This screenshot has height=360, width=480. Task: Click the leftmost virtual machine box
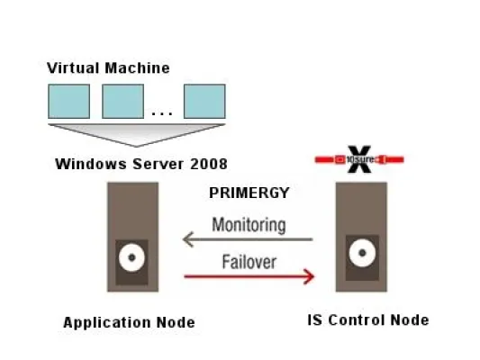68,101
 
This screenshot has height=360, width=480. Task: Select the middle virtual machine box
122,101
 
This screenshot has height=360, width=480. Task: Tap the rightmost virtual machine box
204,101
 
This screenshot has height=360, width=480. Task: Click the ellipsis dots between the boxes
163,113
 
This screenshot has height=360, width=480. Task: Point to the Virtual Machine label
108,67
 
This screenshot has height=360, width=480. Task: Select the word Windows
86,164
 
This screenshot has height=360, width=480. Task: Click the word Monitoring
249,224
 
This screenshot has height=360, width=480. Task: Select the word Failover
249,262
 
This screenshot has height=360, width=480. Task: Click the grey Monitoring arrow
248,239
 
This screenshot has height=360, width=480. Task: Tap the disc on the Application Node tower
131,258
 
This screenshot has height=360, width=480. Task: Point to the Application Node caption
129,322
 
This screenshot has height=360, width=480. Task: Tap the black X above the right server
360,161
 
